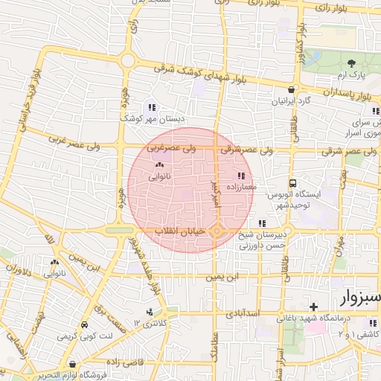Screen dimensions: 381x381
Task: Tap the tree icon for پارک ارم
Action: pyautogui.click(x=352, y=63)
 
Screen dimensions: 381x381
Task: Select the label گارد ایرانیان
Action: pyautogui.click(x=287, y=100)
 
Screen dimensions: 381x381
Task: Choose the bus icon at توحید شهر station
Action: pyautogui.click(x=294, y=182)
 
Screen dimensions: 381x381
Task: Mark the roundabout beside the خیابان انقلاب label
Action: pyautogui.click(x=217, y=233)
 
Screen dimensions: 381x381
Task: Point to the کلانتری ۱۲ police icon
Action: pyautogui.click(x=150, y=313)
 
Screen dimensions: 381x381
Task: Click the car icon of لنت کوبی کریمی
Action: pyautogui.click(x=84, y=325)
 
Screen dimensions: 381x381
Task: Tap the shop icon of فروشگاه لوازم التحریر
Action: pyautogui.click(x=72, y=365)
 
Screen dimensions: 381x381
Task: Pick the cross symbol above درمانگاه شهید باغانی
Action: pyautogui.click(x=314, y=307)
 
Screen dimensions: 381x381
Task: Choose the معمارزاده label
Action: pyautogui.click(x=239, y=188)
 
